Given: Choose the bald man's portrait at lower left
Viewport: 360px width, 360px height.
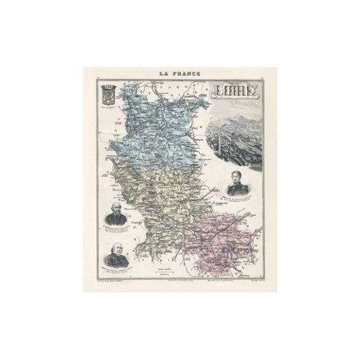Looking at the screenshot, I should (x=116, y=256).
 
